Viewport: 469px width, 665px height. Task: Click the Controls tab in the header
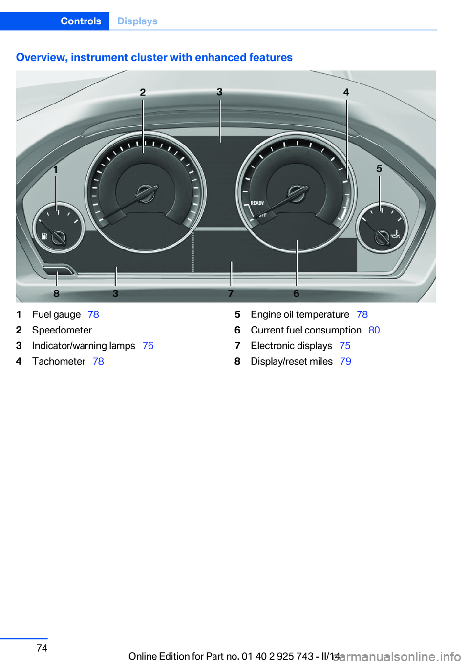[x=81, y=21]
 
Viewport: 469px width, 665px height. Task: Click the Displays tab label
[x=137, y=21]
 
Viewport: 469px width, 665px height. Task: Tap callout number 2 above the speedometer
[x=143, y=93]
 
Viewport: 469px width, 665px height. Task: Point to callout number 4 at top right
[x=346, y=92]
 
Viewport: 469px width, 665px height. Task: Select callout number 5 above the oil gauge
[x=379, y=168]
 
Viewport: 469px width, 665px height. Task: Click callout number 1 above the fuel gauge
[x=56, y=170]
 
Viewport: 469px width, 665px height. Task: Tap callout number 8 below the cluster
[x=57, y=293]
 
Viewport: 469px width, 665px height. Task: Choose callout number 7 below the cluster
[x=231, y=293]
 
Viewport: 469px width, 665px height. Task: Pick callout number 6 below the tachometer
[x=297, y=293]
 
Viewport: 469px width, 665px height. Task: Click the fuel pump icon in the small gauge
[x=44, y=236]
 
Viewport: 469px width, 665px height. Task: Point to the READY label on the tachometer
[x=257, y=203]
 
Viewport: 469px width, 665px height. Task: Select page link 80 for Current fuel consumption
[x=374, y=330]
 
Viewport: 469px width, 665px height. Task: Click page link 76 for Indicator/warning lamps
[x=148, y=346]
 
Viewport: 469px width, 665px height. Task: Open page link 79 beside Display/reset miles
[x=346, y=361]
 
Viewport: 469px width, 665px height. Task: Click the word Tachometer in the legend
[x=59, y=361]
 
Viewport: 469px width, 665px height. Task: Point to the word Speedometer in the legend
[x=62, y=330]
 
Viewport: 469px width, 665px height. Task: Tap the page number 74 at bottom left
[x=42, y=648]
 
